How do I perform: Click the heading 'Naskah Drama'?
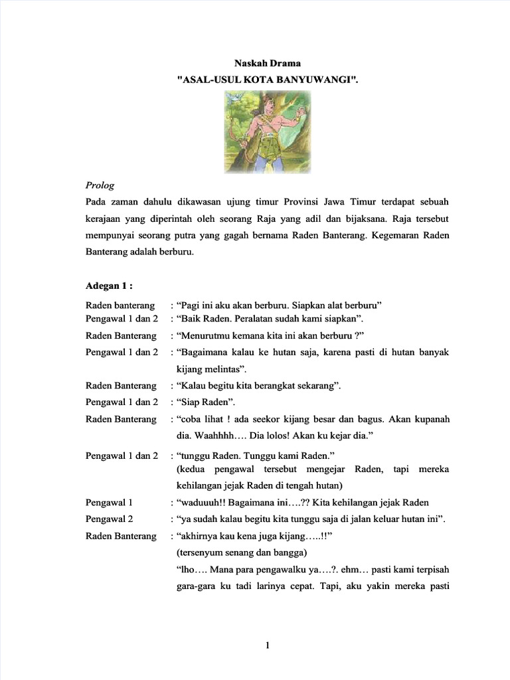pyautogui.click(x=268, y=63)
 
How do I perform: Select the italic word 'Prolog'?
pyautogui.click(x=100, y=185)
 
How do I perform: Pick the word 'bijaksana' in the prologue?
pyautogui.click(x=365, y=218)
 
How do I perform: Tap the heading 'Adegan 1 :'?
pyautogui.click(x=110, y=286)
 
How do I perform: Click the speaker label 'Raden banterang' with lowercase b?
pyautogui.click(x=120, y=305)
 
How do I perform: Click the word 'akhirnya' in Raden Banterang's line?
pyautogui.click(x=198, y=535)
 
